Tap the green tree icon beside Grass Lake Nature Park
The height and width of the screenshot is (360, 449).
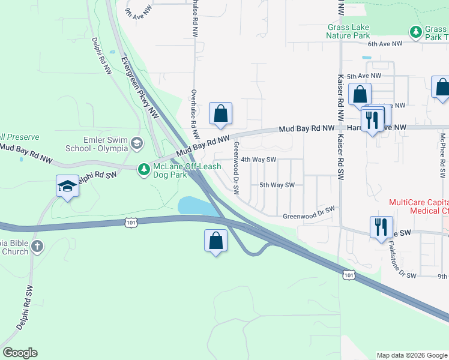(414, 31)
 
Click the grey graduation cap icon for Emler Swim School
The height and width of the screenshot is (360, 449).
(137, 143)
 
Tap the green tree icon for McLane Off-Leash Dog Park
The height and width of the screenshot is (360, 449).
(143, 170)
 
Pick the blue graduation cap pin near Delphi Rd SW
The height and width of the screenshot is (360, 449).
(67, 187)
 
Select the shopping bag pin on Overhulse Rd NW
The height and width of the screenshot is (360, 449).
(220, 113)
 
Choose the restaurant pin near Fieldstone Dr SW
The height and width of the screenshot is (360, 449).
(381, 227)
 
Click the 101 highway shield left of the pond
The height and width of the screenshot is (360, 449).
(131, 223)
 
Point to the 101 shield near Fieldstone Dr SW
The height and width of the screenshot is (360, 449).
(348, 274)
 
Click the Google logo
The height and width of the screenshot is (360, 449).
(20, 353)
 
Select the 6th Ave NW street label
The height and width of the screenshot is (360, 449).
(384, 44)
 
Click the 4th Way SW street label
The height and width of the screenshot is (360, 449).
(258, 160)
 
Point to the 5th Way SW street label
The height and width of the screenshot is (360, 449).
(277, 185)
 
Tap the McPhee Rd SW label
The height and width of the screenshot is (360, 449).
(442, 153)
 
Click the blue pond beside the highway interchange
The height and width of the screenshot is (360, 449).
(197, 206)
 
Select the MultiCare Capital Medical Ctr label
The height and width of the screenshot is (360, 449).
(418, 206)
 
